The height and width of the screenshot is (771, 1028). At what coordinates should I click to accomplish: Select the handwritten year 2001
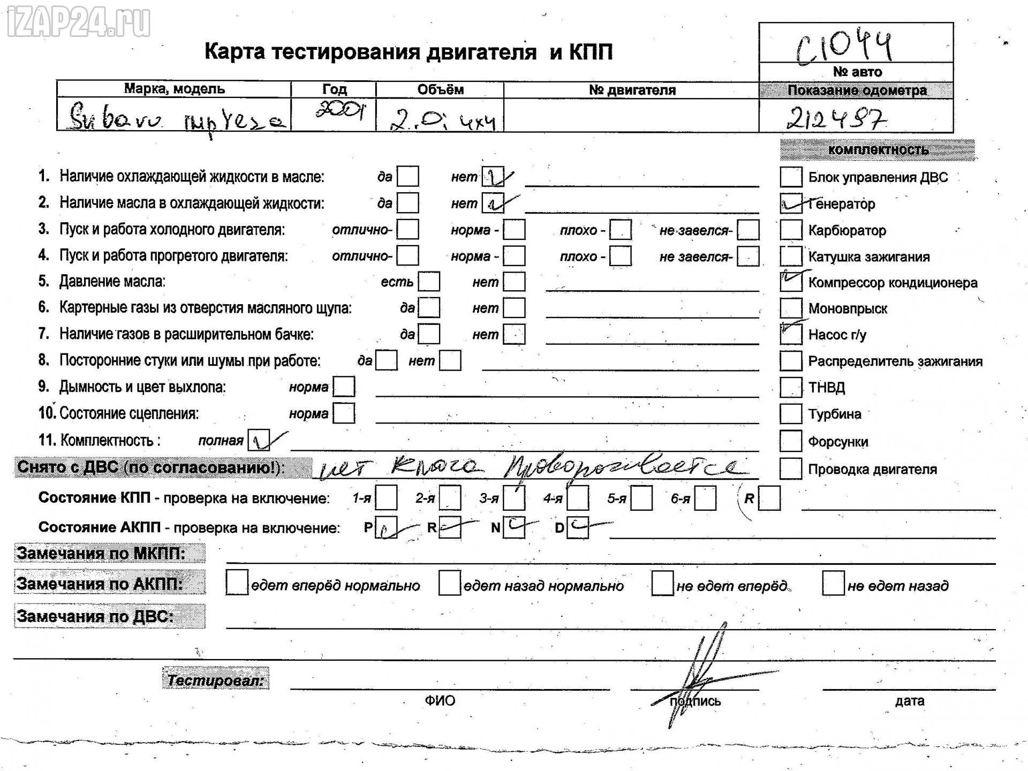[339, 111]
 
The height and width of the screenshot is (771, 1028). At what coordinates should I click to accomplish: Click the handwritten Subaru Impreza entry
[177, 119]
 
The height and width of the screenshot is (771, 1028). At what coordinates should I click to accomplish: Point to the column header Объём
[440, 90]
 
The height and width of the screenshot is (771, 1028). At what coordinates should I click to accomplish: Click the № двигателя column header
[632, 90]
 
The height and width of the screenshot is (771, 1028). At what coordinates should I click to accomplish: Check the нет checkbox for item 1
[493, 177]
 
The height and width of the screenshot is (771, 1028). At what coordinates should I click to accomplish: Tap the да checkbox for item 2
[408, 203]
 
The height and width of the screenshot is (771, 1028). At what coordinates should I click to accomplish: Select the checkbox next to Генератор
[791, 203]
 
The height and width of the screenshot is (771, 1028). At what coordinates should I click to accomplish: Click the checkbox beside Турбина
[791, 414]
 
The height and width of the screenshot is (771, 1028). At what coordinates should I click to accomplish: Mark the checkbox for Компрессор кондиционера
[791, 282]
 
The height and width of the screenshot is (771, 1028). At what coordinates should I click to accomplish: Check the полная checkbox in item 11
[259, 440]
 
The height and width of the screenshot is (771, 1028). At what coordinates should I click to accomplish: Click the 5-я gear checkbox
[641, 498]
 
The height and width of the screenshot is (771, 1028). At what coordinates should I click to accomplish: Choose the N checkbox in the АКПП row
[513, 527]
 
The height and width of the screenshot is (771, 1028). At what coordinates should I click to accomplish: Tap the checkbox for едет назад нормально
[449, 583]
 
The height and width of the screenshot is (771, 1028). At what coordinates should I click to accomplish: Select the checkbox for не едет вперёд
[662, 584]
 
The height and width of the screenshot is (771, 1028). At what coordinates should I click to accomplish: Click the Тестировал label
[215, 680]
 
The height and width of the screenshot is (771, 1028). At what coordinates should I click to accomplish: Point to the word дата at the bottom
[909, 701]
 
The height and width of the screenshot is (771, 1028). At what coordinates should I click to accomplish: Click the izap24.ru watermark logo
[78, 23]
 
